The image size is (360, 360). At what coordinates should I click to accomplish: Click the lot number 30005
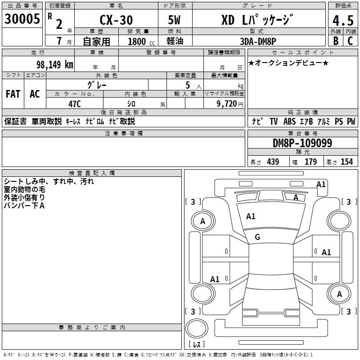(x=22, y=19)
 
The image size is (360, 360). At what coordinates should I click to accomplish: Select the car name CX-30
(x=116, y=20)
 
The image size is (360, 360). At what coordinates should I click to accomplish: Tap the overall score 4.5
(x=342, y=20)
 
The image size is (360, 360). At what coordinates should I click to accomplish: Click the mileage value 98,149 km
(x=54, y=64)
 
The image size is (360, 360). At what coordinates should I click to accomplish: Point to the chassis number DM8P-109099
(x=302, y=143)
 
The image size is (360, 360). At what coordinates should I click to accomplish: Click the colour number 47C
(x=74, y=103)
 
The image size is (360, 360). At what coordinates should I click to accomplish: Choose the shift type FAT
(x=13, y=94)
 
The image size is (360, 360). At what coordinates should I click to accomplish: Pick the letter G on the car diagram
(x=257, y=237)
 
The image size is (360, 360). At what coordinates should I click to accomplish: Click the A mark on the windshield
(x=296, y=197)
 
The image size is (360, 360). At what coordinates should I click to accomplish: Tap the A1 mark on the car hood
(x=251, y=216)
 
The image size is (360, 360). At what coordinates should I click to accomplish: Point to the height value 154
(x=346, y=162)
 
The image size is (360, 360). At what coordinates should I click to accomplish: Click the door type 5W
(x=175, y=20)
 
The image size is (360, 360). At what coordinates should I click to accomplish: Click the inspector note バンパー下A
(x=24, y=205)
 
